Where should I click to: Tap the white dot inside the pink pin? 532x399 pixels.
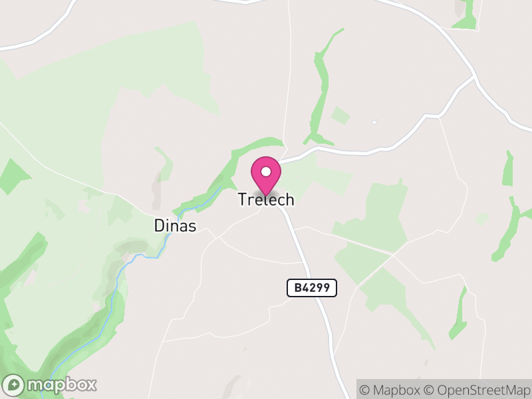tap(266, 172)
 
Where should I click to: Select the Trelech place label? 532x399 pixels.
tap(266, 199)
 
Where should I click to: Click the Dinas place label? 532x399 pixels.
tap(175, 226)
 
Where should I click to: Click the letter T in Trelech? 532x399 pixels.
tap(243, 199)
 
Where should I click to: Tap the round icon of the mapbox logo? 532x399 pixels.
tap(15, 384)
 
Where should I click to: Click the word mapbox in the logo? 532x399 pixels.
tap(61, 384)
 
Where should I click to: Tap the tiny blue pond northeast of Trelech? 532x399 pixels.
tap(374, 122)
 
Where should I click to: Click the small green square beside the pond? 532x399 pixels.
tap(340, 116)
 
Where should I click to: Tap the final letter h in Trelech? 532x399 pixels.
tap(289, 199)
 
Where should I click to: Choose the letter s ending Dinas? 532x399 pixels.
tap(192, 226)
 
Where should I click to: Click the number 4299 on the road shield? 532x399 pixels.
tap(318, 287)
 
